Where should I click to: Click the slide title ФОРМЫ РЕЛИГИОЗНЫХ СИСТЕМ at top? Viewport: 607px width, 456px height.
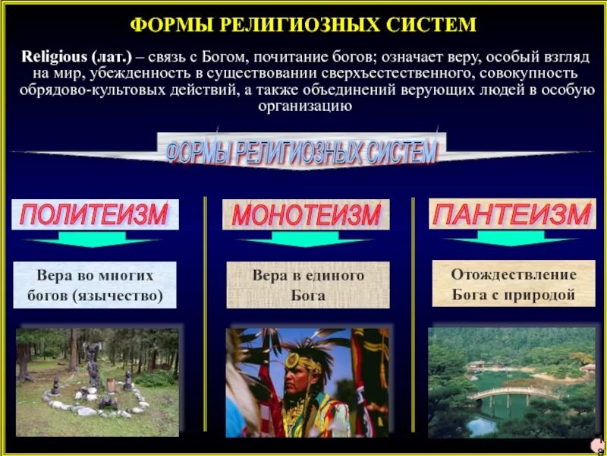(303, 25)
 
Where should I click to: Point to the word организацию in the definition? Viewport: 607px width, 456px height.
(303, 106)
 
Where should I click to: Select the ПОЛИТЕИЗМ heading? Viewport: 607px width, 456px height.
(94, 214)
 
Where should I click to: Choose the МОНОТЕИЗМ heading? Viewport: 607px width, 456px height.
(306, 214)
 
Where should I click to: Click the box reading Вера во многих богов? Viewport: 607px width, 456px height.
(94, 285)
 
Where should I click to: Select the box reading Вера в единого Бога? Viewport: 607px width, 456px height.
(308, 285)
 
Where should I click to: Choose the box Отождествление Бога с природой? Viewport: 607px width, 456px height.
(514, 283)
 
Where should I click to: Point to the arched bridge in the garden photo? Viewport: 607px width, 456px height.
(505, 394)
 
